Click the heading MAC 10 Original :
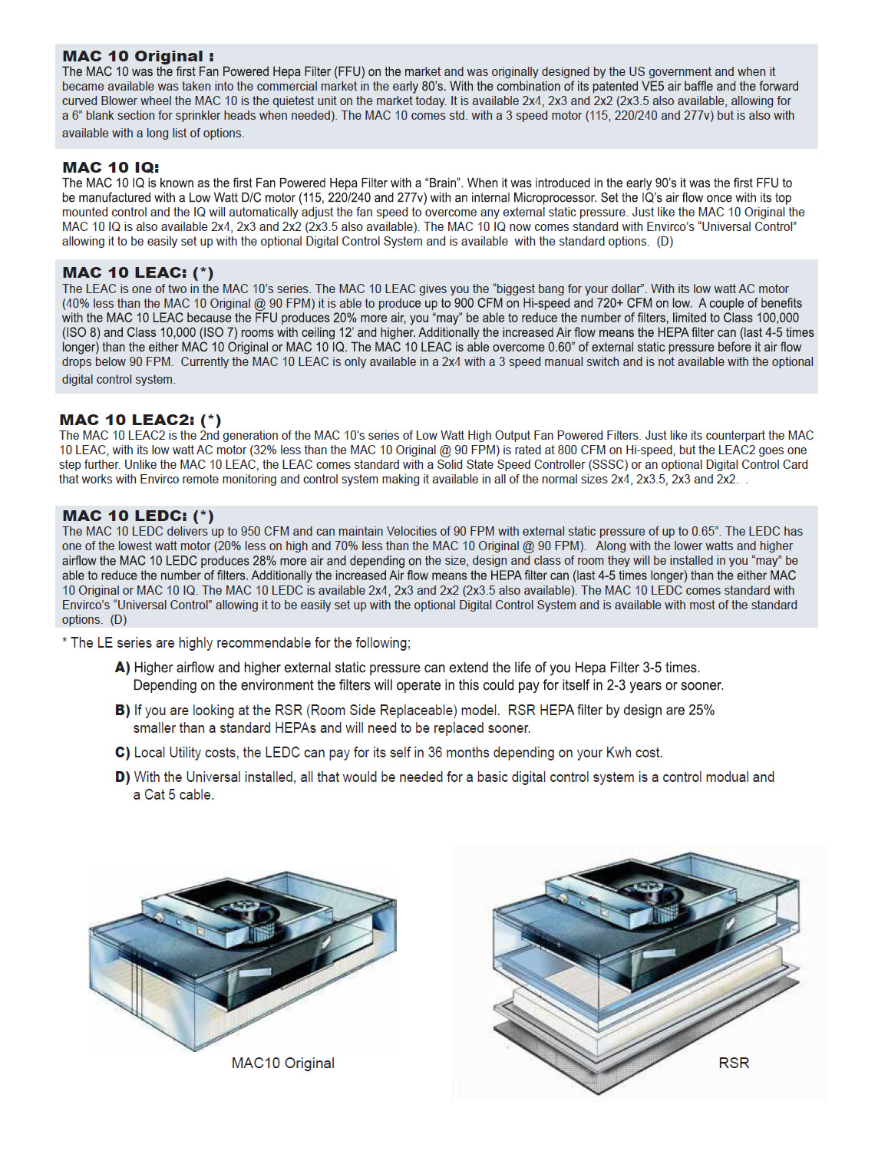point(138,56)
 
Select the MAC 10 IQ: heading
point(111,167)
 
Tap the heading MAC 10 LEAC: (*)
point(138,272)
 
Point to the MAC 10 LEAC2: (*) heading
point(140,420)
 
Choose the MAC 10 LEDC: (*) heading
point(138,516)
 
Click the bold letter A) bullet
point(122,668)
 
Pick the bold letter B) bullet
point(122,711)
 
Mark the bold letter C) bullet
point(122,753)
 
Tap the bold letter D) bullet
point(122,777)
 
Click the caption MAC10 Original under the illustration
point(283,1063)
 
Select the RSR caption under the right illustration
point(734,1063)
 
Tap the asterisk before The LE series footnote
point(64,641)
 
